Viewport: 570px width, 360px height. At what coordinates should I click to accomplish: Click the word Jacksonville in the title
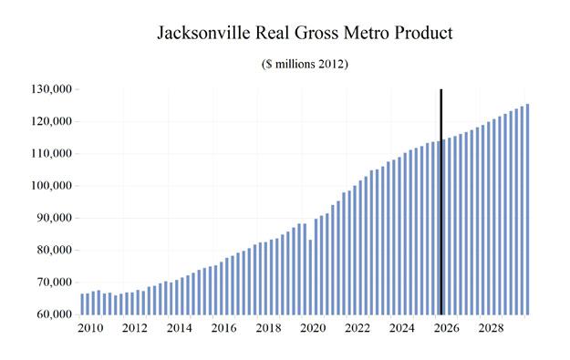pyautogui.click(x=203, y=33)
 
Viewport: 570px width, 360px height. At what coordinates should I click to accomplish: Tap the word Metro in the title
pyautogui.click(x=367, y=33)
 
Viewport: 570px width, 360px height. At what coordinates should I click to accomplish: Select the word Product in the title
pyautogui.click(x=424, y=33)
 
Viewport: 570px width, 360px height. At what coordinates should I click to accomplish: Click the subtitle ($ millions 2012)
pyautogui.click(x=305, y=64)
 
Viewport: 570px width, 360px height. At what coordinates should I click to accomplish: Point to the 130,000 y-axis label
pyautogui.click(x=52, y=89)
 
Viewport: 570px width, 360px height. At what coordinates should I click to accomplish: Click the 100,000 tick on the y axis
pyautogui.click(x=52, y=186)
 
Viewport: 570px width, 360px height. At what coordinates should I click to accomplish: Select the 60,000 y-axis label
pyautogui.click(x=54, y=314)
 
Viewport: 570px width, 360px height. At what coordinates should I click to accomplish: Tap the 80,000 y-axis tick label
pyautogui.click(x=54, y=250)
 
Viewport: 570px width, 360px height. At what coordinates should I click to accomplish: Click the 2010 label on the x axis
pyautogui.click(x=90, y=328)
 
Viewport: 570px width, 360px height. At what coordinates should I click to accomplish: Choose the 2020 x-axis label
pyautogui.click(x=313, y=328)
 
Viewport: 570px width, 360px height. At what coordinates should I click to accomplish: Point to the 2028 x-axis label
pyautogui.click(x=492, y=328)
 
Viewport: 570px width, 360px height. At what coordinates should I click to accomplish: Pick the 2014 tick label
pyautogui.click(x=180, y=328)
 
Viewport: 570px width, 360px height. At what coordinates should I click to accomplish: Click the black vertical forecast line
pyautogui.click(x=440, y=201)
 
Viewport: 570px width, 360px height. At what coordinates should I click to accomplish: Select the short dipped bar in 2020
pyautogui.click(x=310, y=277)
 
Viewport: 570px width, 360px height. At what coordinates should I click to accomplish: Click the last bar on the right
pyautogui.click(x=527, y=210)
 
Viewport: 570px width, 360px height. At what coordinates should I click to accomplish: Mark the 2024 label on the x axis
pyautogui.click(x=401, y=328)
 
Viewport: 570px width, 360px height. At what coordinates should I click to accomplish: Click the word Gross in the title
pyautogui.click(x=316, y=33)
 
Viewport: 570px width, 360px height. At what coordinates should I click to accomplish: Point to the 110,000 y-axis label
pyautogui.click(x=52, y=153)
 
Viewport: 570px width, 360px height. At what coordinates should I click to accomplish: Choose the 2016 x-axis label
pyautogui.click(x=224, y=328)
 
